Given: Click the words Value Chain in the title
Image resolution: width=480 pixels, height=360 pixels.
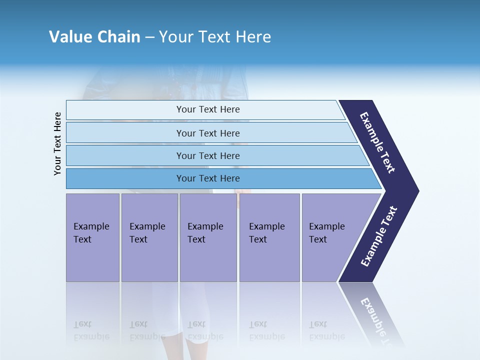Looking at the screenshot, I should click(x=94, y=37).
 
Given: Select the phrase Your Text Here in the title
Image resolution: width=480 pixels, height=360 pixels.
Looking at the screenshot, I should click(x=215, y=37).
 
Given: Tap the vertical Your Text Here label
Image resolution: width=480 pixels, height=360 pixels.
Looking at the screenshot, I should click(x=57, y=143).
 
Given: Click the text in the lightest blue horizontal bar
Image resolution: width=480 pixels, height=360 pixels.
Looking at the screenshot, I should click(x=208, y=109).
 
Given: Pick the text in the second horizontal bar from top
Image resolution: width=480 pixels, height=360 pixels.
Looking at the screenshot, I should click(x=208, y=133).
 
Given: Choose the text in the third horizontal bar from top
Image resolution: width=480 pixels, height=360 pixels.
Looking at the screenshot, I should click(x=208, y=156).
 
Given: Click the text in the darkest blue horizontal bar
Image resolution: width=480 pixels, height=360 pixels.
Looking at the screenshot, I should click(x=208, y=178).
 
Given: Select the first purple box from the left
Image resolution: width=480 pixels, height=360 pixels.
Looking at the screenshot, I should click(x=92, y=237).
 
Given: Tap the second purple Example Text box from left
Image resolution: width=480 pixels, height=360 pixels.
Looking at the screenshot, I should click(x=149, y=237).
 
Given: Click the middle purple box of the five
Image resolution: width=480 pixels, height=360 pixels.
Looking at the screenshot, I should click(x=208, y=237).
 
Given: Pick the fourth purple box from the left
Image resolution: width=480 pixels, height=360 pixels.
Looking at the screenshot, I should click(x=269, y=237).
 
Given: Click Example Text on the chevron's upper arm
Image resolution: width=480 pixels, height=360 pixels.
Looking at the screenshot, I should click(x=377, y=142).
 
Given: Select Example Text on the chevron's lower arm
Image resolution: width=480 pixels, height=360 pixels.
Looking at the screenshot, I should click(x=379, y=236).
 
